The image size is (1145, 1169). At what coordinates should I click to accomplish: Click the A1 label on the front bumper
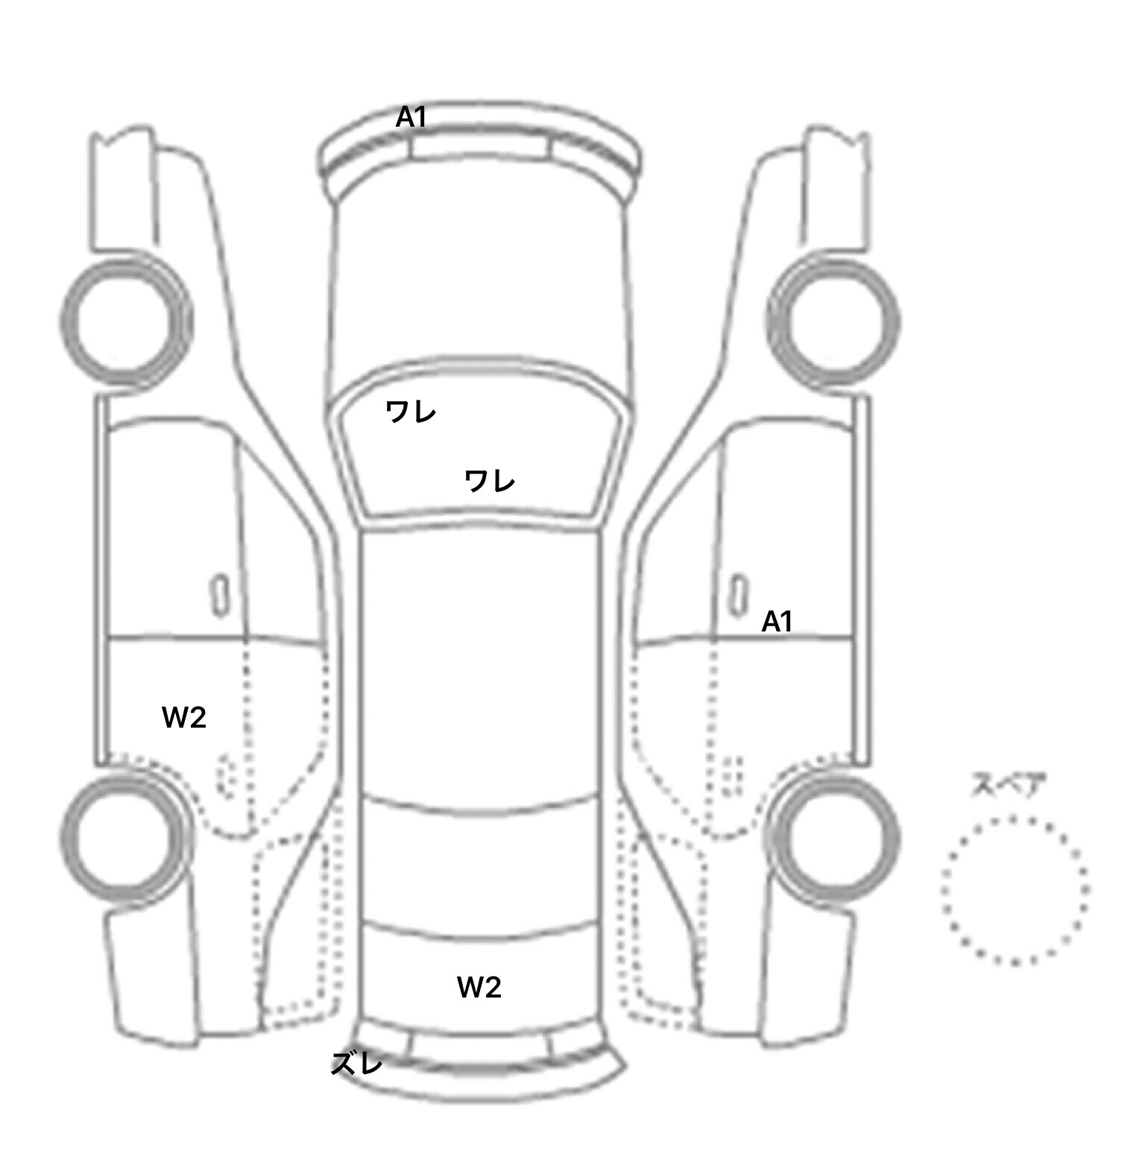[411, 117]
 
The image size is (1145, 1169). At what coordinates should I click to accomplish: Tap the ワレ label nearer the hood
[410, 411]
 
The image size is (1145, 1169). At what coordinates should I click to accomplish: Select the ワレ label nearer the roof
[489, 481]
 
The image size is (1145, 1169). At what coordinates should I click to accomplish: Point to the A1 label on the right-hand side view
[777, 621]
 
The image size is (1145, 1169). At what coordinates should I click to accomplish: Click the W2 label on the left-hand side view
[184, 717]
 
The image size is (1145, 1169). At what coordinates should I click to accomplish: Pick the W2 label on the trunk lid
[479, 987]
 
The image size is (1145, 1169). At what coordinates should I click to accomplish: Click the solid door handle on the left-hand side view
[219, 595]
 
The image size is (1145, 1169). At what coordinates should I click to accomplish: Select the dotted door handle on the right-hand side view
[734, 775]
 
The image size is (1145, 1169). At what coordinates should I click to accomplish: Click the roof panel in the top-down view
[480, 664]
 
